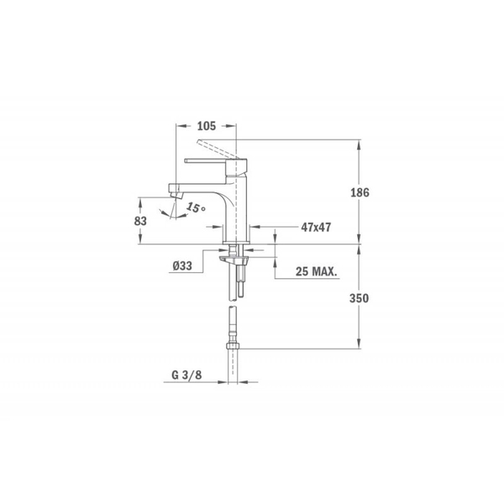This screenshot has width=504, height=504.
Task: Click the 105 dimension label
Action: pos(206,125)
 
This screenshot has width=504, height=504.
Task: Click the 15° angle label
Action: pos(195,207)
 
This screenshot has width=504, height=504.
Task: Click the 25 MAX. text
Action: pos(317,272)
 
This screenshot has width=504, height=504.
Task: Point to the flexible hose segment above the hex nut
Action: pos(234,323)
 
